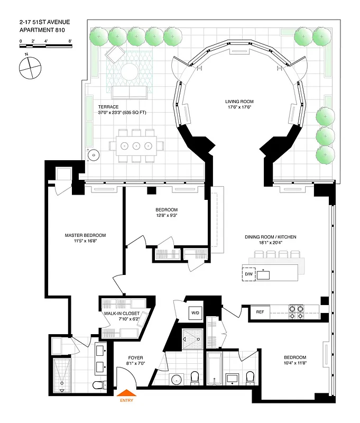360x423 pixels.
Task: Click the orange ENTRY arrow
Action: pyautogui.click(x=126, y=392)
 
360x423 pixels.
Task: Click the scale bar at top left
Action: pyautogui.click(x=45, y=46)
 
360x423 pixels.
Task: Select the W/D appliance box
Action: pyautogui.click(x=196, y=313)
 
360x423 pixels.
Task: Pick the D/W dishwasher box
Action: pyautogui.click(x=248, y=274)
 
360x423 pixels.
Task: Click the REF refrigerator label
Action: pyautogui.click(x=260, y=312)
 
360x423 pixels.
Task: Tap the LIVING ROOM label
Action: pyautogui.click(x=237, y=104)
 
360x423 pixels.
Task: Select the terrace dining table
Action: pyautogui.click(x=136, y=145)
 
